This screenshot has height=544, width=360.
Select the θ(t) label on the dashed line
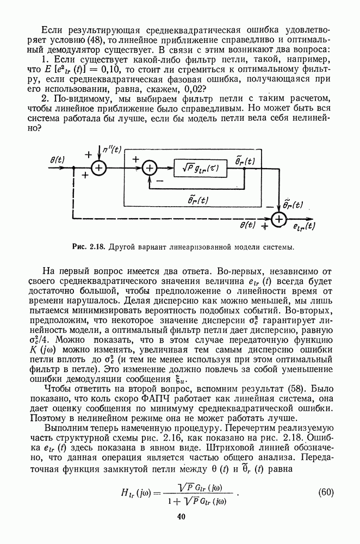247,224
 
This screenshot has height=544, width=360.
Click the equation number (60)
326,493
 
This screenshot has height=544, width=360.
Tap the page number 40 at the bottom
180,517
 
